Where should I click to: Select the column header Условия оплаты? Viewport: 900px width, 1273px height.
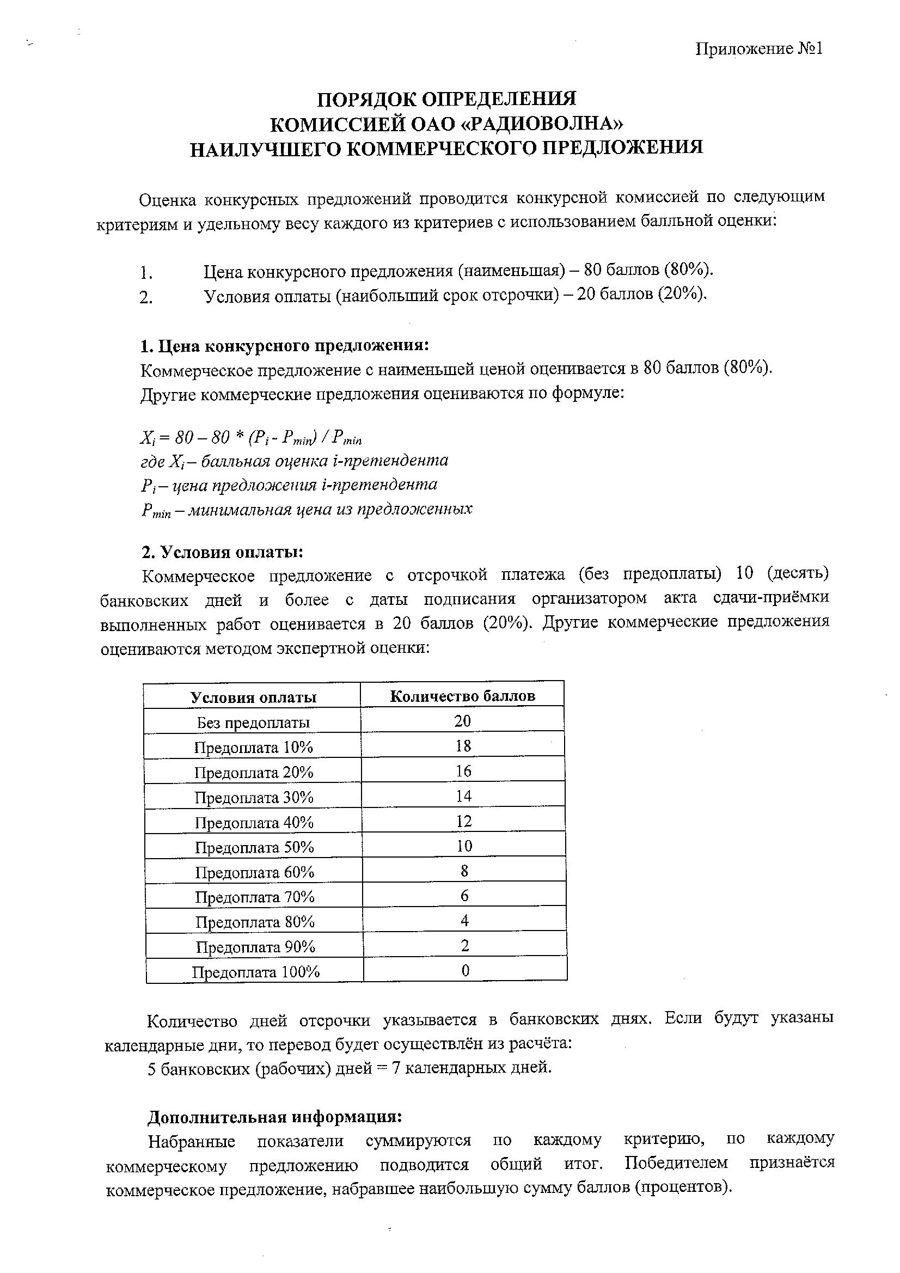pyautogui.click(x=253, y=697)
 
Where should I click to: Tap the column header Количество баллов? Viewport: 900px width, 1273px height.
pyautogui.click(x=462, y=696)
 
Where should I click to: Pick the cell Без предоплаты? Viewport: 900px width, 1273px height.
pyautogui.click(x=253, y=723)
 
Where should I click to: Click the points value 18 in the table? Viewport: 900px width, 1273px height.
pyautogui.click(x=463, y=746)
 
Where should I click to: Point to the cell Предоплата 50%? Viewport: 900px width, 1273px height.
pyautogui.click(x=254, y=847)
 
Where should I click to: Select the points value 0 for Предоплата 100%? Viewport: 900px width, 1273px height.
pyautogui.click(x=466, y=970)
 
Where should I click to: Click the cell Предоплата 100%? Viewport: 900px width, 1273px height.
pyautogui.click(x=256, y=972)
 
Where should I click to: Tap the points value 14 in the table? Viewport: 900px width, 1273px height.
pyautogui.click(x=463, y=796)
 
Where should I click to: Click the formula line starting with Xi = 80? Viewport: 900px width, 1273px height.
pyautogui.click(x=250, y=438)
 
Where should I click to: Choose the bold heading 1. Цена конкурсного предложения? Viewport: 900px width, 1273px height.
pyautogui.click(x=285, y=346)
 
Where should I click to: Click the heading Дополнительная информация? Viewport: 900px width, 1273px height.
pyautogui.click(x=274, y=1117)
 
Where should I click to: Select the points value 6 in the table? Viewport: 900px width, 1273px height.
pyautogui.click(x=464, y=896)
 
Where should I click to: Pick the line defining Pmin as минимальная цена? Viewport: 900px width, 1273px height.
pyautogui.click(x=307, y=510)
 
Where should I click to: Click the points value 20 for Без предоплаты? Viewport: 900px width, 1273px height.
pyautogui.click(x=462, y=721)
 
